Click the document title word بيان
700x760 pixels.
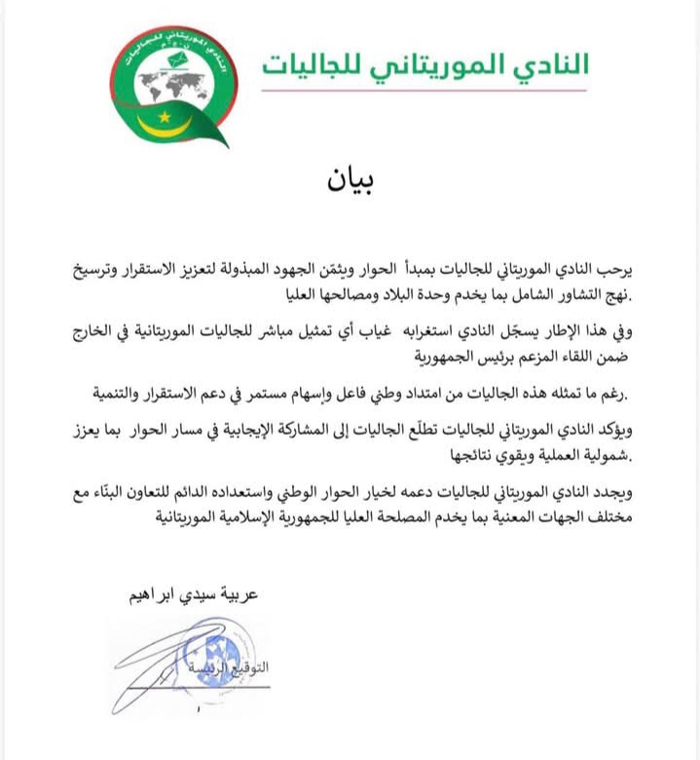point(350,182)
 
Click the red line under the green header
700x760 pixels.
point(424,91)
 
